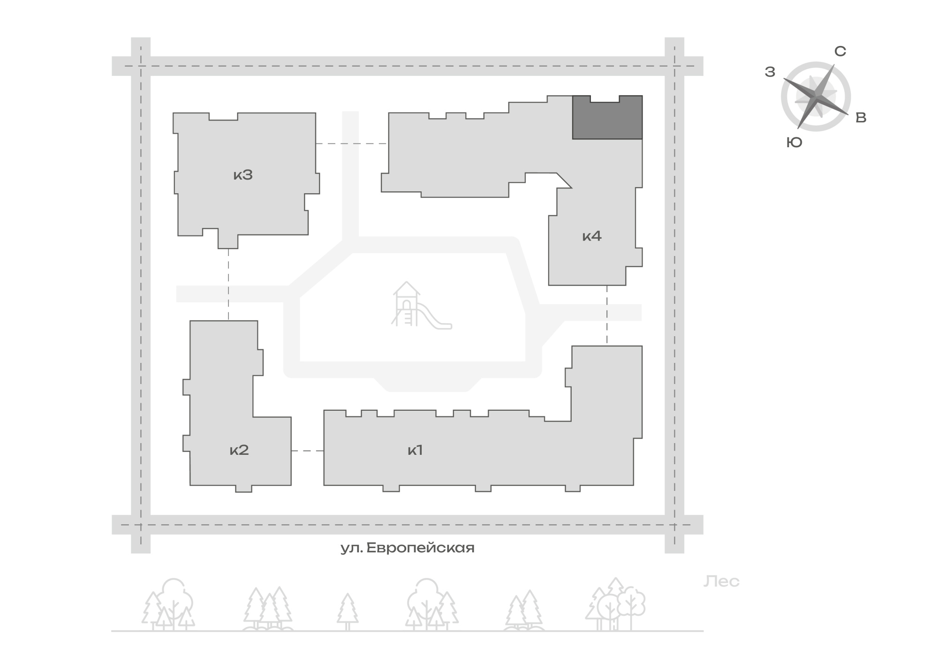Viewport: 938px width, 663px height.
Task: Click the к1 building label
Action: click(x=415, y=450)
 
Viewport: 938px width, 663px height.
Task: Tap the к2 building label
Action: click(x=239, y=450)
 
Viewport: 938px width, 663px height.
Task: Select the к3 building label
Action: click(x=243, y=175)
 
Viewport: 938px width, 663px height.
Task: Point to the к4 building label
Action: click(x=592, y=236)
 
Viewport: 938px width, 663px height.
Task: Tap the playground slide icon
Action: click(x=422, y=305)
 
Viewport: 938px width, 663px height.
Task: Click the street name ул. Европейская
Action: click(x=407, y=548)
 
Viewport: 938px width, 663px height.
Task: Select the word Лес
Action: click(x=721, y=581)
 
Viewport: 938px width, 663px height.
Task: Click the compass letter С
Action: click(x=840, y=51)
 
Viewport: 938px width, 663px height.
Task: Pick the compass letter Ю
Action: click(x=794, y=143)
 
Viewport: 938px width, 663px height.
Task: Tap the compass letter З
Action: click(x=770, y=72)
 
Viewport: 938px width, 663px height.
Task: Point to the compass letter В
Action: click(x=861, y=118)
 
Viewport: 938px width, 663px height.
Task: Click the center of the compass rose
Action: click(x=816, y=97)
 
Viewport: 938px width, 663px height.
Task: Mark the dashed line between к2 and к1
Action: click(x=308, y=451)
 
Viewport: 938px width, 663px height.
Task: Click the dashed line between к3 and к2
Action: click(x=228, y=284)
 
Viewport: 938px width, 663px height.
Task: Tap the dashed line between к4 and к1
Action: click(x=607, y=316)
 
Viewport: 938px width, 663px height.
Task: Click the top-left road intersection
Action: click(x=141, y=66)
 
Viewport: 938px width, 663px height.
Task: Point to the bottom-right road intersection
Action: click(x=674, y=525)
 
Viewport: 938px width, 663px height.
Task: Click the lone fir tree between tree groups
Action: click(x=348, y=611)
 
